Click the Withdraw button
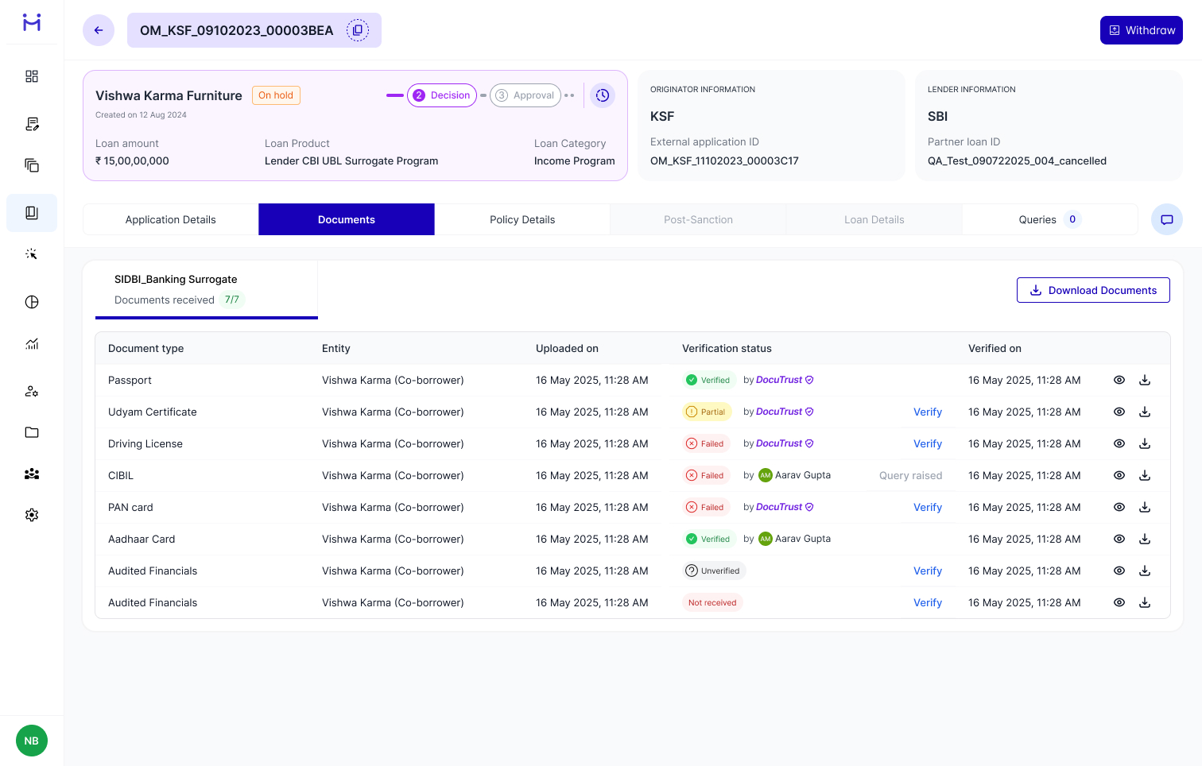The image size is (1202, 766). (1141, 30)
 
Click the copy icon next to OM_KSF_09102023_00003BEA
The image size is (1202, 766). (358, 30)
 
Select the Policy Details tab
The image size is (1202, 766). (522, 219)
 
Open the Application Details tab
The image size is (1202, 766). (171, 219)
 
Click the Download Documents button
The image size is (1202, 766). (1093, 290)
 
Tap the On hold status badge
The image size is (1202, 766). (276, 95)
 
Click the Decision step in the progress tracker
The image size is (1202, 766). (442, 95)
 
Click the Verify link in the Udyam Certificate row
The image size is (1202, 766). (927, 412)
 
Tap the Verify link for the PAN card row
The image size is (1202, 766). (927, 507)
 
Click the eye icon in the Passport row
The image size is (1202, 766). (1119, 380)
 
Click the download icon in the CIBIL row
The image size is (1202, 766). (1145, 475)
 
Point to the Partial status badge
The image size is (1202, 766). (706, 412)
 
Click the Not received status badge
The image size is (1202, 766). (712, 602)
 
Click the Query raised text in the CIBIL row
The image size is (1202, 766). (910, 475)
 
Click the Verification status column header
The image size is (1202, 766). (727, 348)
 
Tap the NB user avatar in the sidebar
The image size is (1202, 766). (32, 741)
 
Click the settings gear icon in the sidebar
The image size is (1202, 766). (32, 515)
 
